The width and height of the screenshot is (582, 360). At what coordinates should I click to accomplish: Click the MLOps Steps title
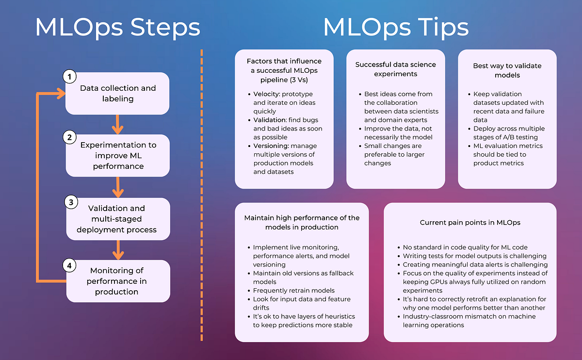point(117,28)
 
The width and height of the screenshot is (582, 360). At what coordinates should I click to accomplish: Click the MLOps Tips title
point(396,28)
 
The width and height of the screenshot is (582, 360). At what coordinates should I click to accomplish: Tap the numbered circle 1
point(70,77)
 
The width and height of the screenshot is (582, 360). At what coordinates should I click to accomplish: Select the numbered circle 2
point(70,138)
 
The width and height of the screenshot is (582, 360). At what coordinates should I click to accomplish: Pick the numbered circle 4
point(70,265)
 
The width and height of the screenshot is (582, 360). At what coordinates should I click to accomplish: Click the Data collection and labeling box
point(118,93)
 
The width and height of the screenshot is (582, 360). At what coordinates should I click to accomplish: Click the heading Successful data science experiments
point(395,69)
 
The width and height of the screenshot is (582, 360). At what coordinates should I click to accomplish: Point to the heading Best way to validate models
point(507,71)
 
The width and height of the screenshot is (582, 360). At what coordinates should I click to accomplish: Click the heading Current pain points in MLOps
point(469,222)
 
